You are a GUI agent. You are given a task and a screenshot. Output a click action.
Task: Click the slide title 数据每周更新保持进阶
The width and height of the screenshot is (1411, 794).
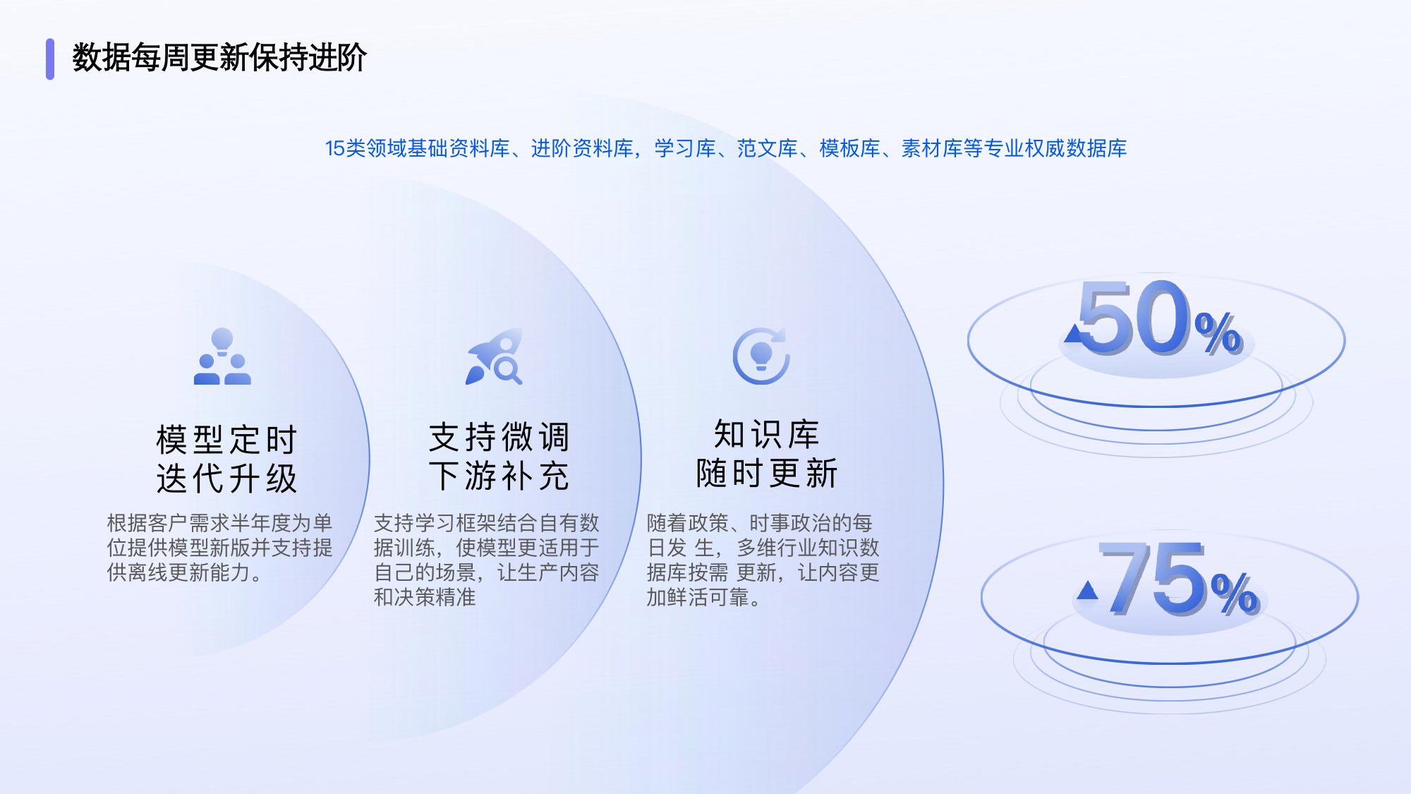[x=219, y=58]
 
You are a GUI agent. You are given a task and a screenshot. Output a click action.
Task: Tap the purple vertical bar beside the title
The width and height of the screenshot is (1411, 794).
[x=50, y=59]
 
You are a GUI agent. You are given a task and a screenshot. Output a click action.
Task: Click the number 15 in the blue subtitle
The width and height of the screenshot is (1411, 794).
[x=334, y=148]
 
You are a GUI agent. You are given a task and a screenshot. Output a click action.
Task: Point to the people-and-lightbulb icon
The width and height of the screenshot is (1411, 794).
[x=222, y=356]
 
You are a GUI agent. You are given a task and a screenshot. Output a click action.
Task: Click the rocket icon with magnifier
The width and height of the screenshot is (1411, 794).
[x=494, y=356]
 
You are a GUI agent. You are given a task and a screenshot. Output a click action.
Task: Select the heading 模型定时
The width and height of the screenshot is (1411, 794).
[x=226, y=440]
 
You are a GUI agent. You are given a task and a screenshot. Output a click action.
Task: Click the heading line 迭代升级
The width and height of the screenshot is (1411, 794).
[x=226, y=479]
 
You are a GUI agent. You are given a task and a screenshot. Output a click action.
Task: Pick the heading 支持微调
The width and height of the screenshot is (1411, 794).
[x=499, y=437]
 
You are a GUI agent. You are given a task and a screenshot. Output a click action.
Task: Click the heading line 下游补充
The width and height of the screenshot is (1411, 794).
[x=499, y=476]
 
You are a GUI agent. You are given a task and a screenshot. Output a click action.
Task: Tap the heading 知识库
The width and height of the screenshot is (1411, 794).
[x=766, y=434]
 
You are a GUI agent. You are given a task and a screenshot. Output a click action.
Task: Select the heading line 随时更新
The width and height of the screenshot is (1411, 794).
[x=766, y=473]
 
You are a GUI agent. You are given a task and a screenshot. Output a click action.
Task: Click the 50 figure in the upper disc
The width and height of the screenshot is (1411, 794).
[x=1134, y=317]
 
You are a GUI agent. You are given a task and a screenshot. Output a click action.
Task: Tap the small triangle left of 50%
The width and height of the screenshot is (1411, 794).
[x=1073, y=333]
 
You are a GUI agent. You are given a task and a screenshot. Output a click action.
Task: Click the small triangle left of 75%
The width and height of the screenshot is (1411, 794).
[x=1087, y=589]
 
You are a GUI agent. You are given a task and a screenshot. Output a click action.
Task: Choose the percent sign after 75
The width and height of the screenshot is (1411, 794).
[x=1235, y=593]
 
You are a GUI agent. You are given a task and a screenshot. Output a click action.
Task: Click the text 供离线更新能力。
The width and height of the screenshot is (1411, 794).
[x=185, y=572]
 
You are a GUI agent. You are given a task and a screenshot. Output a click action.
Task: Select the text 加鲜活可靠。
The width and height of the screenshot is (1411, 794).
[x=704, y=598]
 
